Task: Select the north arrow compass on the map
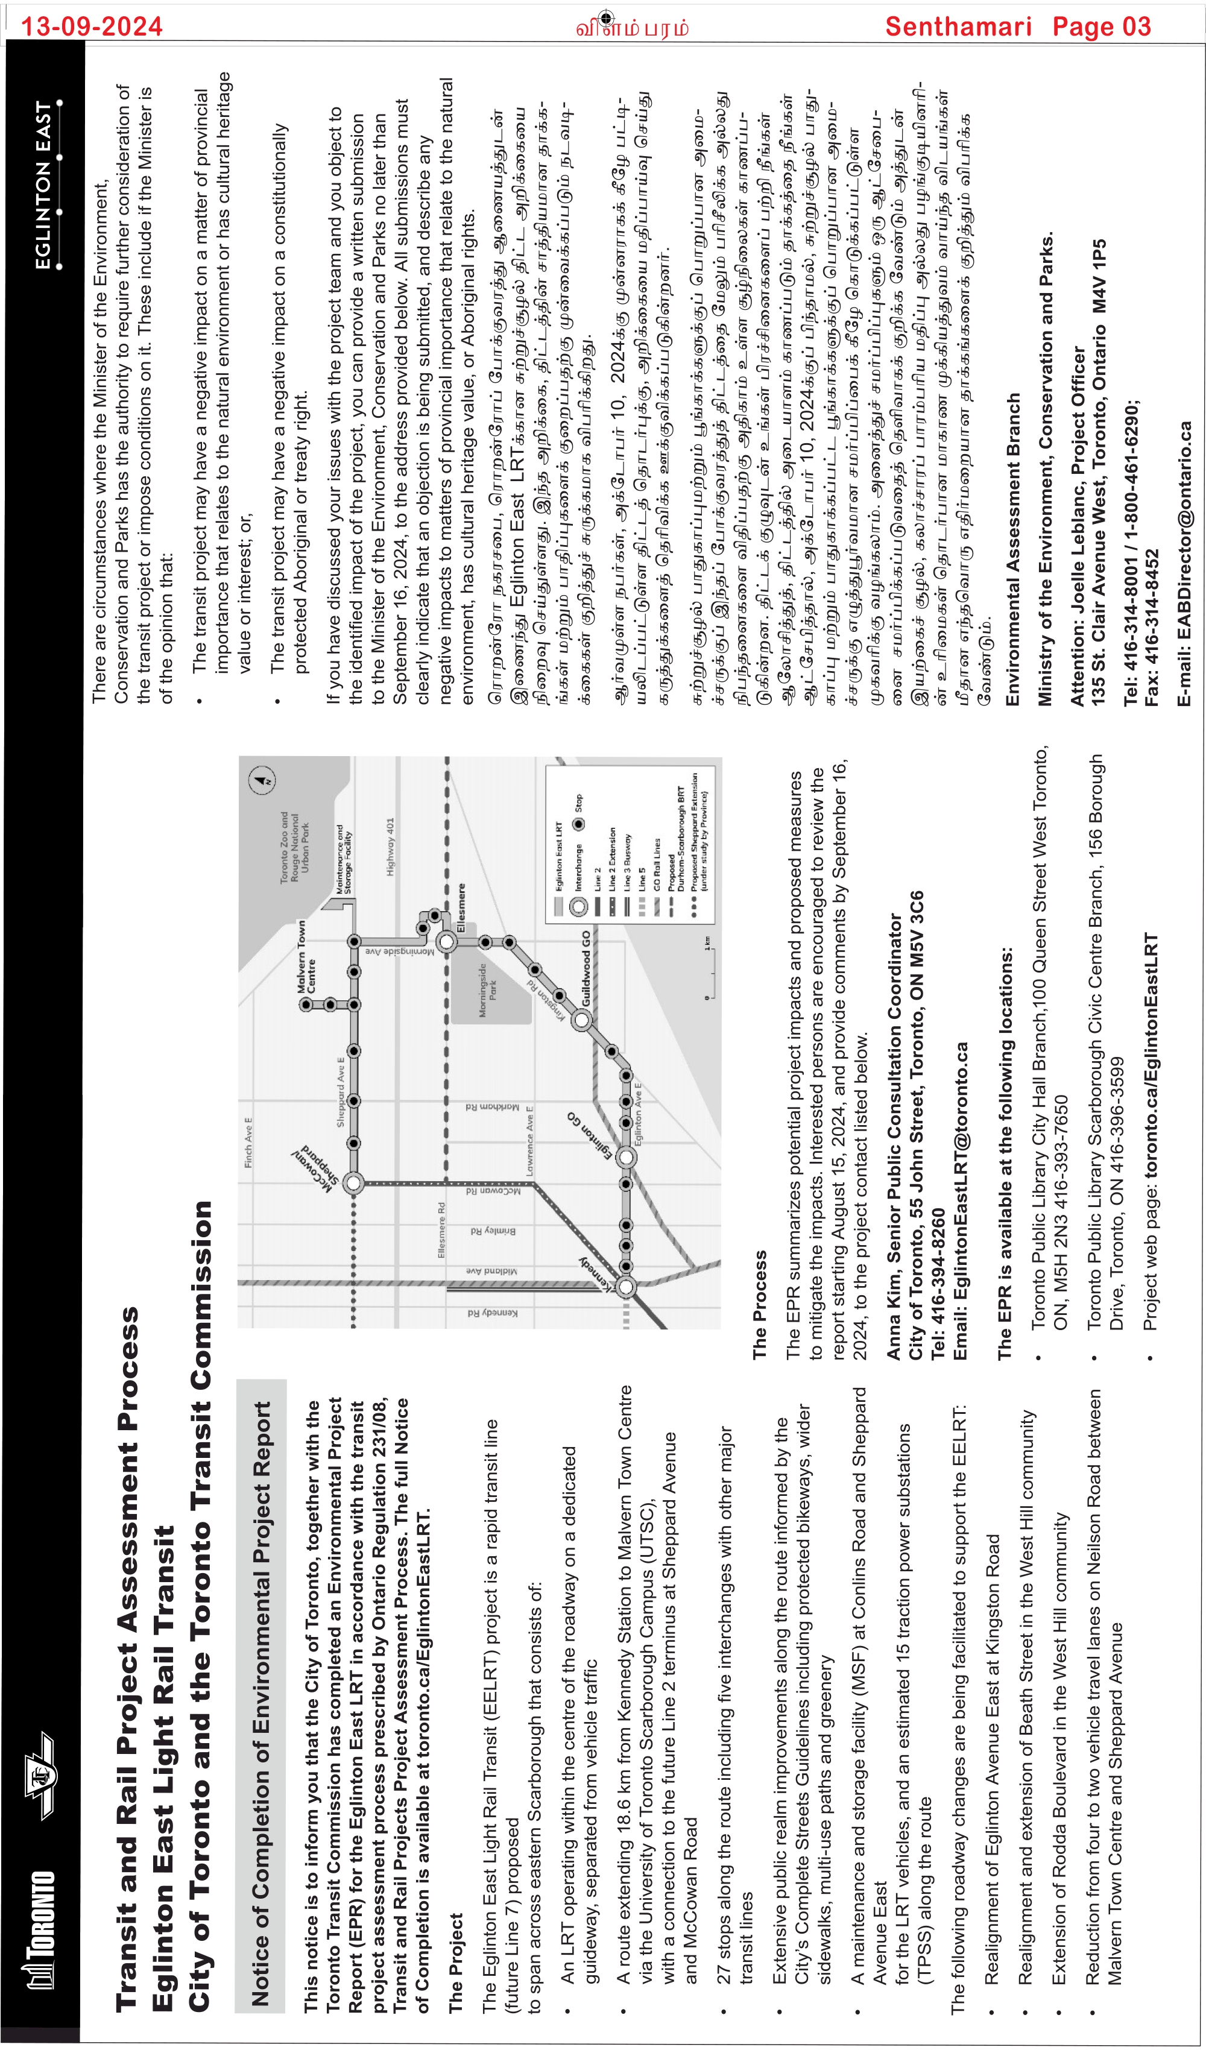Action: coord(262,781)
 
